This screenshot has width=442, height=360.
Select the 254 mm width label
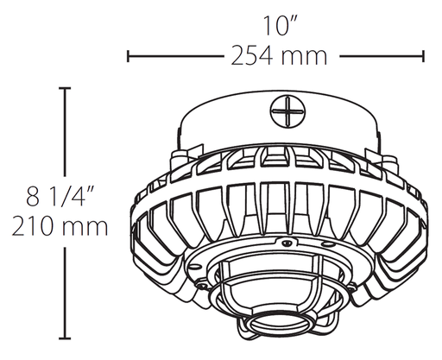[278, 57]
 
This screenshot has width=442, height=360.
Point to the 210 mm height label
[60, 228]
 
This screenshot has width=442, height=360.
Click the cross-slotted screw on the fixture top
[285, 112]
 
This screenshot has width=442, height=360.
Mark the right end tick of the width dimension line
[424, 57]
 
